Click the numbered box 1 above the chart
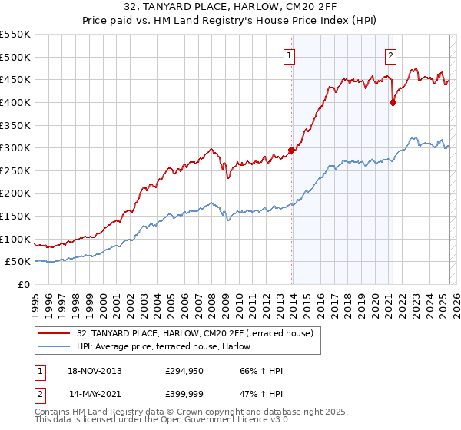(290, 55)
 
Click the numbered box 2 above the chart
(390, 55)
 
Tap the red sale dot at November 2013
(292, 150)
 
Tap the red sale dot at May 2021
(393, 102)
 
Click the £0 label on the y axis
(23, 284)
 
